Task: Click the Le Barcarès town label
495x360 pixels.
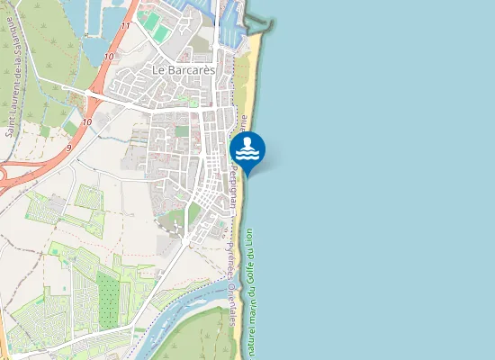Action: point(176,69)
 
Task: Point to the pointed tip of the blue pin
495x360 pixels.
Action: point(247,174)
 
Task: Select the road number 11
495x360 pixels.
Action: point(125,26)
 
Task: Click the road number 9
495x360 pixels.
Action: point(68,147)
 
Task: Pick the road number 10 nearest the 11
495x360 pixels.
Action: point(108,57)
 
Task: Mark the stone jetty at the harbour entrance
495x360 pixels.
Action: point(256,22)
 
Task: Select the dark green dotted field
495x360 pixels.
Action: point(108,297)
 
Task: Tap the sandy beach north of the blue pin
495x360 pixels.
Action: point(245,81)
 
